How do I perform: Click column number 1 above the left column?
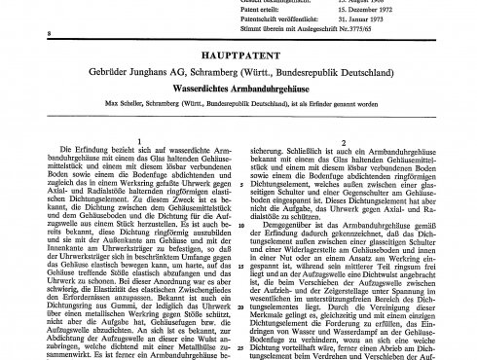click(127, 125)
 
